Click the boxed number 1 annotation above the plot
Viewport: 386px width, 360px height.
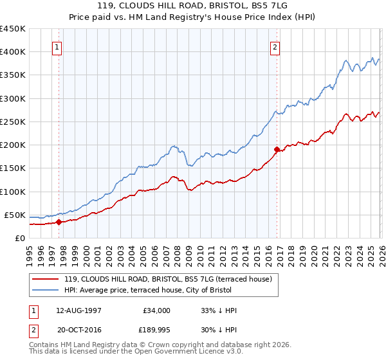[58, 46]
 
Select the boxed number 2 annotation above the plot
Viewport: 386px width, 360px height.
[275, 46]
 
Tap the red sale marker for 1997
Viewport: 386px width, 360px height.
[59, 222]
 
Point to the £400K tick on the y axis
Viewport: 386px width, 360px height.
[13, 52]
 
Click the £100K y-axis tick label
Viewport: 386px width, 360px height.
[13, 192]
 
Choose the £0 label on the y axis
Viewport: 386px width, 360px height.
[19, 238]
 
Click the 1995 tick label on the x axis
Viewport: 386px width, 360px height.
[30, 253]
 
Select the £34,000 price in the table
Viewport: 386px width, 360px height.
[156, 310]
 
